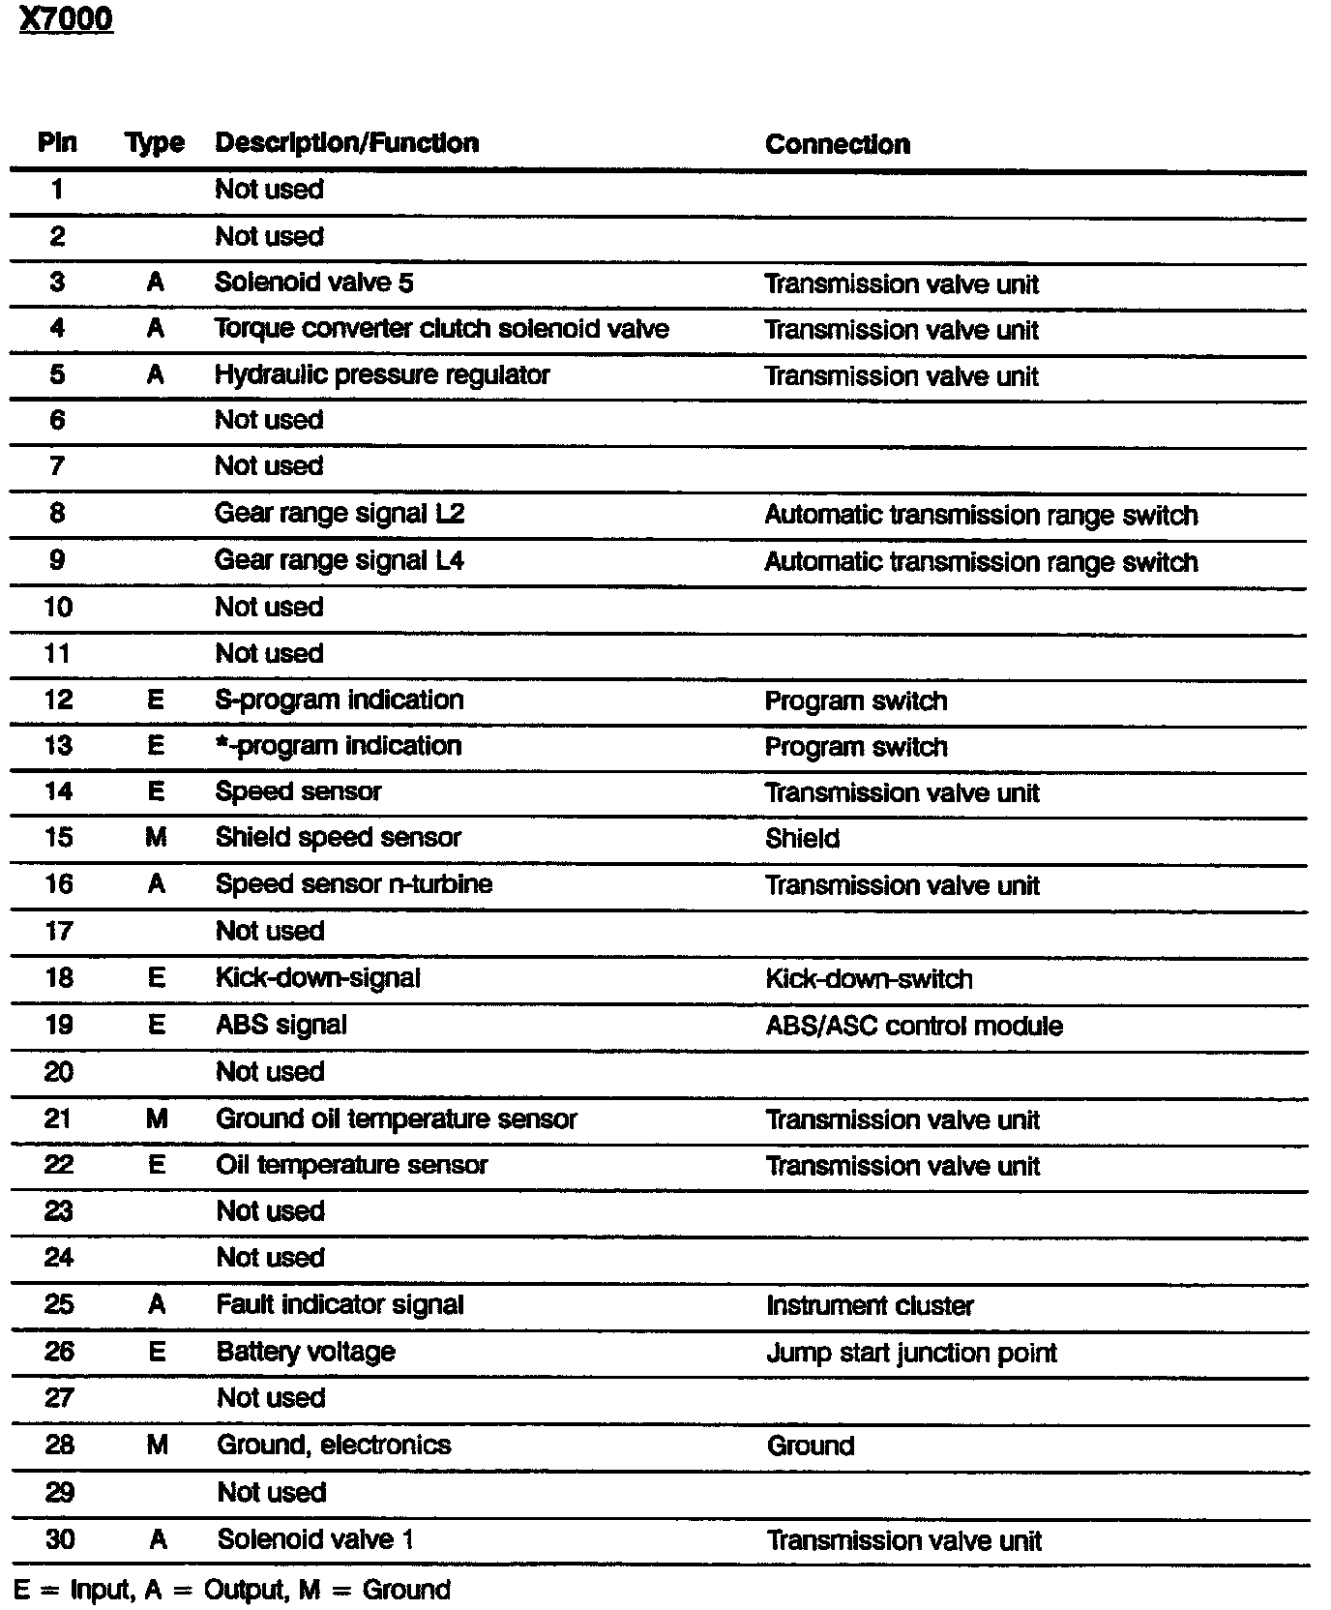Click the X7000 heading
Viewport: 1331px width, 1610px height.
click(x=66, y=19)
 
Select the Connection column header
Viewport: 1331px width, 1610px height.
click(x=837, y=144)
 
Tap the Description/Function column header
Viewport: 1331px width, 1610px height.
click(x=346, y=143)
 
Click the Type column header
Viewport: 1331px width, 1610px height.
click(x=155, y=143)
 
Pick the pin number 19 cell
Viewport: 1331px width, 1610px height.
click(x=59, y=1025)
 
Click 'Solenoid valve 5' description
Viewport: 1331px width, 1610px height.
click(x=313, y=283)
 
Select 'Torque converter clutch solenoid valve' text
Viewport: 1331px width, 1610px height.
click(x=441, y=329)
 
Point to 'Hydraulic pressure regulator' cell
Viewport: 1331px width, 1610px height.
click(x=382, y=375)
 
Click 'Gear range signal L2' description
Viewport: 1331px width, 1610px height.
click(x=339, y=513)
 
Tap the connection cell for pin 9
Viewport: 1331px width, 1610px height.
click(x=981, y=562)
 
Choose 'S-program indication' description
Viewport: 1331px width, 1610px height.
click(x=339, y=700)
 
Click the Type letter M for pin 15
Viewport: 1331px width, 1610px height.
click(x=156, y=838)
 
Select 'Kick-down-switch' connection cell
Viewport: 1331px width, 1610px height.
click(x=869, y=979)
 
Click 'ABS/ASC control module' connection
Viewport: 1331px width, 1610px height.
click(x=914, y=1026)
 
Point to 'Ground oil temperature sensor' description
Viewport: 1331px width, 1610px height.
click(x=396, y=1119)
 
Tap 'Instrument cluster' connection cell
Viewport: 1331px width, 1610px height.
click(x=870, y=1305)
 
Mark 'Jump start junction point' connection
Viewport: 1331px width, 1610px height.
click(x=911, y=1353)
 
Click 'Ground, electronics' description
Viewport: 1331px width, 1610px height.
click(x=334, y=1445)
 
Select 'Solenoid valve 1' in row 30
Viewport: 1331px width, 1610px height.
click(x=315, y=1539)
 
